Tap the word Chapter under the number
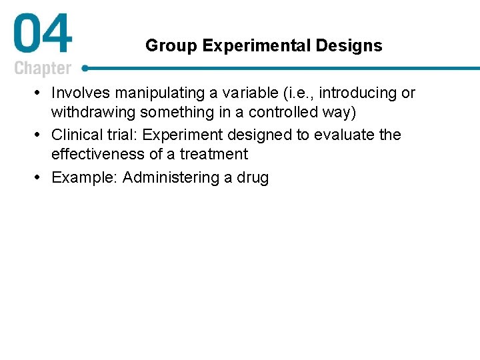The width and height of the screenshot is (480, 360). click(42, 69)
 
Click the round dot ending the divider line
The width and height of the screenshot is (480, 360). click(85, 67)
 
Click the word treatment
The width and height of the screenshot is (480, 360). click(215, 154)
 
